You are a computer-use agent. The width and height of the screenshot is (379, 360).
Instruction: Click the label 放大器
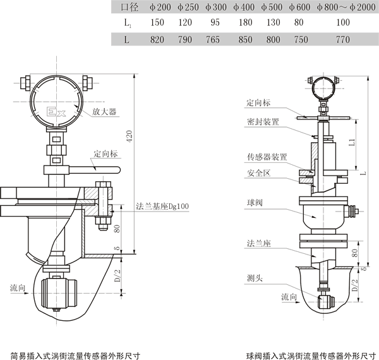[x=104, y=111]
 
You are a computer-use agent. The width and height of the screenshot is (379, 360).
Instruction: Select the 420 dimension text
[x=130, y=136]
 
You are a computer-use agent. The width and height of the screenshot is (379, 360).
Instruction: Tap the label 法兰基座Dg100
[x=162, y=206]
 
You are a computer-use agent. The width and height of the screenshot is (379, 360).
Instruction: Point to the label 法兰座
[x=259, y=242]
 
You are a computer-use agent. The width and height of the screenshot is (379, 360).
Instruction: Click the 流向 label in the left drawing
[x=18, y=287]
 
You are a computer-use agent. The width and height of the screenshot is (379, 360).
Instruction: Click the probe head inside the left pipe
[x=60, y=292]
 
